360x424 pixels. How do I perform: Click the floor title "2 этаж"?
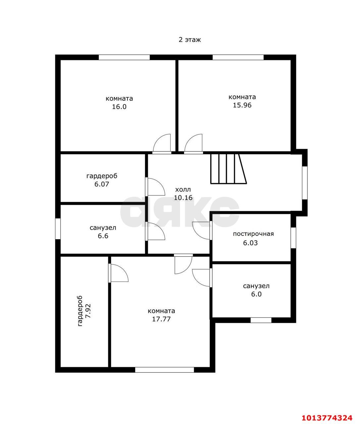[x=189, y=40]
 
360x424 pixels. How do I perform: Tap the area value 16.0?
[x=119, y=107]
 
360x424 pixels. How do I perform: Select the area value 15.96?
[x=242, y=105]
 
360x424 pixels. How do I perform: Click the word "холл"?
[x=183, y=189]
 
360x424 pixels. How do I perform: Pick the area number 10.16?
[x=183, y=197]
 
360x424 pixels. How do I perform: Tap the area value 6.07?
[x=102, y=184]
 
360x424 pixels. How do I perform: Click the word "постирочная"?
[x=253, y=234]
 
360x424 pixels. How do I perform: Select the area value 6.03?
[x=250, y=243]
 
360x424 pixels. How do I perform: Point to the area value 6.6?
[x=103, y=236]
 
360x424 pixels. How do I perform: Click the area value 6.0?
[x=256, y=294]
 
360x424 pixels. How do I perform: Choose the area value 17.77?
[x=161, y=319]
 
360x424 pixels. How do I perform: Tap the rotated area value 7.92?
[x=88, y=311]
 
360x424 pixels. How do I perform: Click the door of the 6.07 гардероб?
[x=155, y=187]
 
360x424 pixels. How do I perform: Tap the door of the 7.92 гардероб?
[x=118, y=273]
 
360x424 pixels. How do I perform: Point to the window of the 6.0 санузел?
[x=261, y=320]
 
